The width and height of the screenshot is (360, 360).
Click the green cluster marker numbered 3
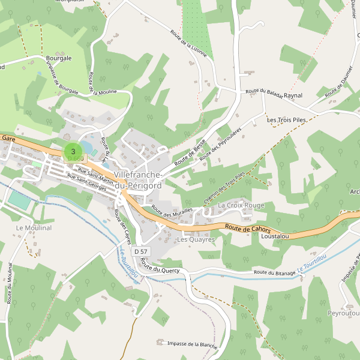(73, 152)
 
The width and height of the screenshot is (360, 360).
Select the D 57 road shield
(140, 250)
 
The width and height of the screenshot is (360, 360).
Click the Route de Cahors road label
(248, 229)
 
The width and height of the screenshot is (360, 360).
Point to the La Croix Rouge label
(241, 205)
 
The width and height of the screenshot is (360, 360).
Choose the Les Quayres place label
(196, 239)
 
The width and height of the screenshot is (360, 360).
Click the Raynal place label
(293, 95)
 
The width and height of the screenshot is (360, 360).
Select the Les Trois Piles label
(287, 120)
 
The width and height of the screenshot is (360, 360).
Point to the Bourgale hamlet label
(59, 58)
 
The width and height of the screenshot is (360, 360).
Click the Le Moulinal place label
(34, 228)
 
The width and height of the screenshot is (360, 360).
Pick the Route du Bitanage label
(274, 273)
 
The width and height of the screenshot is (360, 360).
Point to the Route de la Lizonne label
(188, 43)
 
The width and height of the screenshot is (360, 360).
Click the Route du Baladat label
(263, 91)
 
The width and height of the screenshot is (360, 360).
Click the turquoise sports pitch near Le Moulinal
(19, 200)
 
